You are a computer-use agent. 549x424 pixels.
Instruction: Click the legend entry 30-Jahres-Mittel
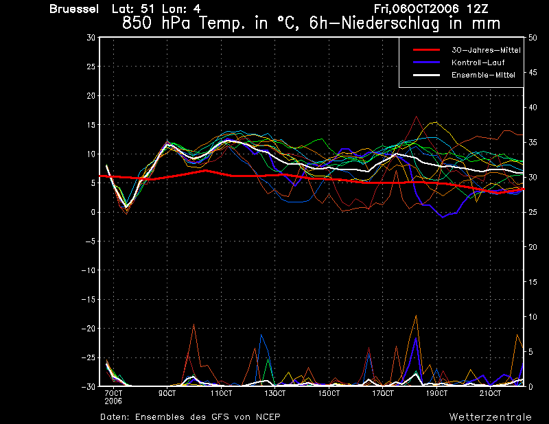point(486,50)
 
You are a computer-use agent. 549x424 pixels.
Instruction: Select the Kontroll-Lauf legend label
point(478,62)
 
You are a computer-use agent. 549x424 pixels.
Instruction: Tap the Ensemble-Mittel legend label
point(483,75)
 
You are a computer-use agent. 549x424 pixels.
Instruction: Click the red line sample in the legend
point(426,49)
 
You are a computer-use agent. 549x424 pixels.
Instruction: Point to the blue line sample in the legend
point(426,62)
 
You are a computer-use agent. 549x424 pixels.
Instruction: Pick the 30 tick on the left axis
point(91,38)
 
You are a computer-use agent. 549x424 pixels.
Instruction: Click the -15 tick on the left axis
point(89,299)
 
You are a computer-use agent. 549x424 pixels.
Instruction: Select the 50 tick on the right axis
point(533,38)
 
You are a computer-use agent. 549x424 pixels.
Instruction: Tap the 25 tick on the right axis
point(533,212)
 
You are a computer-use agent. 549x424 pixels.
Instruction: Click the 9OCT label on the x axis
point(167,394)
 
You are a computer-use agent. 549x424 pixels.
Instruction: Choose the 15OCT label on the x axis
point(329,394)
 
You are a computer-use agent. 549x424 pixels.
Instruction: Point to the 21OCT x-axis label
point(490,394)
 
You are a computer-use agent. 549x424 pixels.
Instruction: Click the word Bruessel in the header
point(74,9)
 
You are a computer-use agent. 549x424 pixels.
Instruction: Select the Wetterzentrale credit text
point(490,416)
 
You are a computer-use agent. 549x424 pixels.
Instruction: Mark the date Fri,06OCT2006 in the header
point(416,9)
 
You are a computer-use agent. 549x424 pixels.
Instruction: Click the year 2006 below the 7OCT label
point(113,401)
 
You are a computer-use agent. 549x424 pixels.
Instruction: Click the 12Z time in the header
point(477,9)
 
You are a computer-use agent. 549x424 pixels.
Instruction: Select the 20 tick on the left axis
point(91,95)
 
